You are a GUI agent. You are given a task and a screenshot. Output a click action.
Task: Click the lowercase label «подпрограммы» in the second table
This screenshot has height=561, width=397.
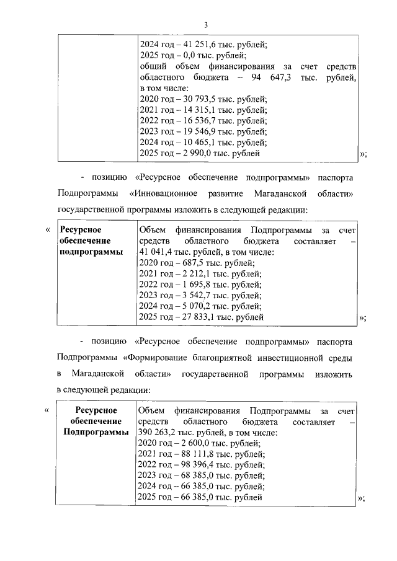(91, 252)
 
